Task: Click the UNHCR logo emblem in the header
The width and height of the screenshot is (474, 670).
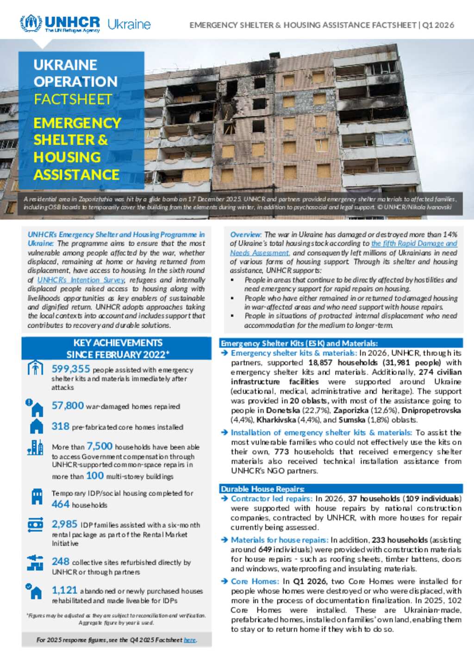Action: pyautogui.click(x=31, y=23)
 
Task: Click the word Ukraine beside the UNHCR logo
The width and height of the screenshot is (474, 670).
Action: pyautogui.click(x=129, y=24)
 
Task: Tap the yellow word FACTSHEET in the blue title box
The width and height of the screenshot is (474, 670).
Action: pyautogui.click(x=73, y=99)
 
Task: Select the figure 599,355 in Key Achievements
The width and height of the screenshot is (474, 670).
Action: pyautogui.click(x=71, y=369)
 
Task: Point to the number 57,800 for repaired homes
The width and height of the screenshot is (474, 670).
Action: pyautogui.click(x=68, y=406)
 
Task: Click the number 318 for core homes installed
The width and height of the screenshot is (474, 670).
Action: pyautogui.click(x=61, y=426)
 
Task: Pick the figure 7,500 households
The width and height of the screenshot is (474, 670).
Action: pyautogui.click(x=100, y=446)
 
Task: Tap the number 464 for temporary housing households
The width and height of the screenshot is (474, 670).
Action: pyautogui.click(x=61, y=504)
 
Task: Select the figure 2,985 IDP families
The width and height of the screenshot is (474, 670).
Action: pyautogui.click(x=64, y=524)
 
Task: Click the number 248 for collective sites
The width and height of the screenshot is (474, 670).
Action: pyautogui.click(x=61, y=561)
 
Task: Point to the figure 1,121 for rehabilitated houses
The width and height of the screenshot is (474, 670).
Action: pyautogui.click(x=64, y=590)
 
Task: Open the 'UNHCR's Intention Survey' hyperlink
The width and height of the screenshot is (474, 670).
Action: pyautogui.click(x=81, y=280)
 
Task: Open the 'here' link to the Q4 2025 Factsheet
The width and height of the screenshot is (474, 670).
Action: pyautogui.click(x=190, y=640)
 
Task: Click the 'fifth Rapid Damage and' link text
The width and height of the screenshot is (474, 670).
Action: pyautogui.click(x=414, y=243)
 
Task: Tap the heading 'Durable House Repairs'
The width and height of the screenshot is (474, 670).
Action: pyautogui.click(x=262, y=489)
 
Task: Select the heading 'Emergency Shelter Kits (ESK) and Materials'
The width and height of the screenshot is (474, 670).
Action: pyautogui.click(x=299, y=343)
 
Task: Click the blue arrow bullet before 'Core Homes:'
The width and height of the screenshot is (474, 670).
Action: pyautogui.click(x=225, y=581)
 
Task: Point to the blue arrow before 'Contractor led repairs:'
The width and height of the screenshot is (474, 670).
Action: pyautogui.click(x=225, y=498)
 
